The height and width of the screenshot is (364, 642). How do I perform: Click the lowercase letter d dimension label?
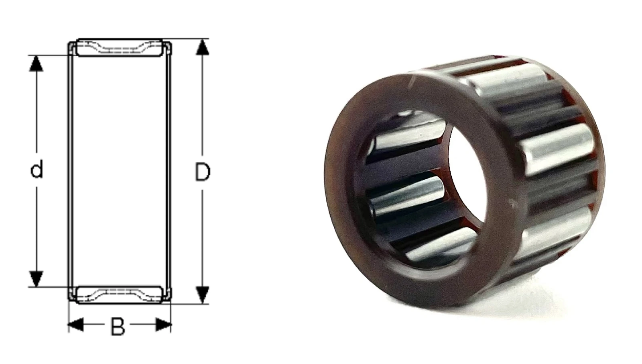point(37,170)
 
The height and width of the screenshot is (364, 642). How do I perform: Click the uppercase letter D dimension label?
point(202,172)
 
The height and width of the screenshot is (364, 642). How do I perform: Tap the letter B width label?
point(118,326)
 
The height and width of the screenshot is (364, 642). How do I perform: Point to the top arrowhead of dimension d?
point(37,63)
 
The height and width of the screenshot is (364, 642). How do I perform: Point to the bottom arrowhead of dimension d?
point(37,279)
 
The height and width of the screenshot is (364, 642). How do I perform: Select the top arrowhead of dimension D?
point(203,47)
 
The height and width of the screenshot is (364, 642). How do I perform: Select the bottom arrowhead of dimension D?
point(203,295)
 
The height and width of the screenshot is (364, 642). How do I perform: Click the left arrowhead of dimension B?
point(76,325)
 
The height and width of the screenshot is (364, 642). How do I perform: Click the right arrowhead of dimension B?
point(163,325)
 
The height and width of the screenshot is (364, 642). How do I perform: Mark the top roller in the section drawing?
point(120,48)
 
